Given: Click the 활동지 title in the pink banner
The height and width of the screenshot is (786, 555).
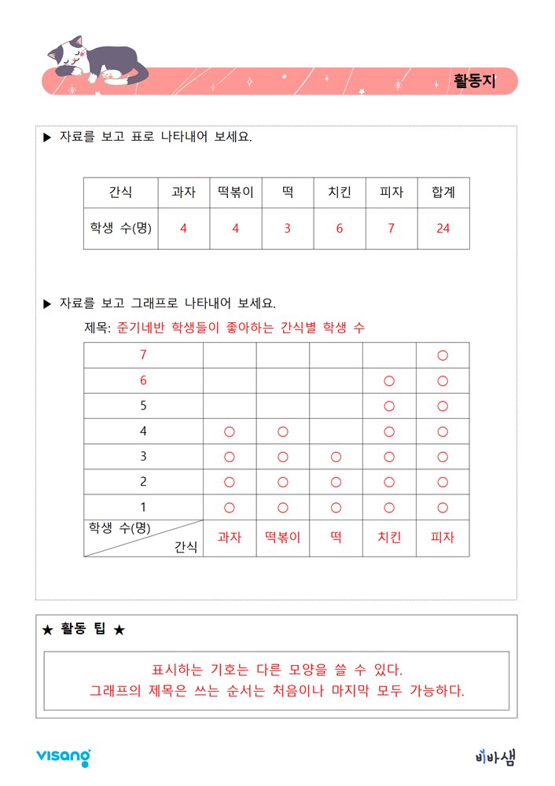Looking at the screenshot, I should pos(475,81).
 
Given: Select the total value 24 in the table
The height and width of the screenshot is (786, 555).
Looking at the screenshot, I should pos(443,229).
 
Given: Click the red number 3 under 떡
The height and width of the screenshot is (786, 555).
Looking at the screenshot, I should pos(287,229).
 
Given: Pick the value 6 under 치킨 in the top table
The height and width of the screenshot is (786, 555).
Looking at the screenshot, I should pos(339,229).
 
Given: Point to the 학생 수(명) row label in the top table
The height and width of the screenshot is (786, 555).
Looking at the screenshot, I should pos(120,229).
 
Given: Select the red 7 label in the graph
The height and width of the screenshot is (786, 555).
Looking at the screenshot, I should pos(143,355).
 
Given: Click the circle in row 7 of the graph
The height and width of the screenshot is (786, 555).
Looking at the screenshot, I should pos(443,355).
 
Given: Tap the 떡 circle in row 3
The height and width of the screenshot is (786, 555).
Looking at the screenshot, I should pos(336,457).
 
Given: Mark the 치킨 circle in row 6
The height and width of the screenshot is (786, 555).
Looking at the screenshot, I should pos(388,381).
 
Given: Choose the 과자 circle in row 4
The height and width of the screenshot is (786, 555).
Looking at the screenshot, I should pos(230,432).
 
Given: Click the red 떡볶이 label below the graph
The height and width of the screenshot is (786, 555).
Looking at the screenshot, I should pos(282,538).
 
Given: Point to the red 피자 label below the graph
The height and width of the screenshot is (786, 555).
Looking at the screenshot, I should pos(443,538).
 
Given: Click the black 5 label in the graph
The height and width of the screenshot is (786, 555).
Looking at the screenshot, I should pos(143,406).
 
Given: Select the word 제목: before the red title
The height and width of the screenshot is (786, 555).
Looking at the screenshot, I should pos(97,328).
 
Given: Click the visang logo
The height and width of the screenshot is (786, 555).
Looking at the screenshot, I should pos(63,756).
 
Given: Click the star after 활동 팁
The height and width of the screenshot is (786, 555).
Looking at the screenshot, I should pos(119,630).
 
